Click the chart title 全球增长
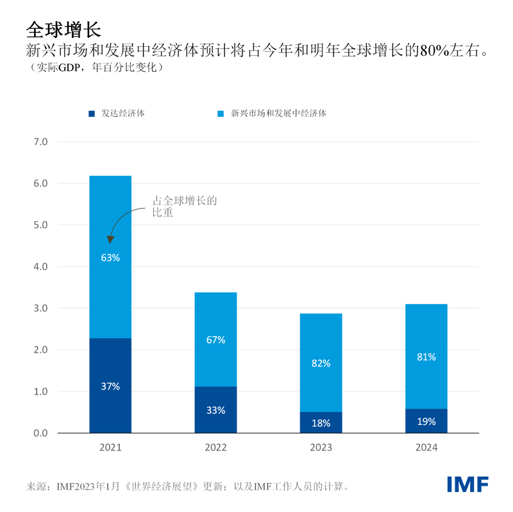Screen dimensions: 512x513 pyautogui.click(x=63, y=29)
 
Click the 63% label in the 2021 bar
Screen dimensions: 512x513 pyautogui.click(x=110, y=258)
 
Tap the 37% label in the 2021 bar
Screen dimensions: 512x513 pyautogui.click(x=110, y=386)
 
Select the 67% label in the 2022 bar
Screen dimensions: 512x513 pyautogui.click(x=215, y=340)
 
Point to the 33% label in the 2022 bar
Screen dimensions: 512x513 pyautogui.click(x=215, y=410)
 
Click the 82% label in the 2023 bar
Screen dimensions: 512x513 pyautogui.click(x=321, y=363)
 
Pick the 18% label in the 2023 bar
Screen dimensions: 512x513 pyautogui.click(x=321, y=423)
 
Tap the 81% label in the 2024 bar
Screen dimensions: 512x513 pyautogui.click(x=426, y=357)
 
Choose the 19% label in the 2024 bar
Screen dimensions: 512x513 pyautogui.click(x=426, y=422)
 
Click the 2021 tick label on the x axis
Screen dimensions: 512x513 pyautogui.click(x=110, y=448)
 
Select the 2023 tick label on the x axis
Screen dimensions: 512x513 pyautogui.click(x=321, y=448)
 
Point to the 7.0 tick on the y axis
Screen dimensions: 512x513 pyautogui.click(x=40, y=142)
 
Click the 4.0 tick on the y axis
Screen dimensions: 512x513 pyautogui.click(x=40, y=267)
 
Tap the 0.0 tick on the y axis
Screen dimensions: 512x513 pyautogui.click(x=40, y=433)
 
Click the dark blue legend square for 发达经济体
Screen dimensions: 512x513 pyautogui.click(x=92, y=114)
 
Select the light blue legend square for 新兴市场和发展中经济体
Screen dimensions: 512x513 pyautogui.click(x=220, y=114)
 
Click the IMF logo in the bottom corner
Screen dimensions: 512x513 pyautogui.click(x=467, y=484)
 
